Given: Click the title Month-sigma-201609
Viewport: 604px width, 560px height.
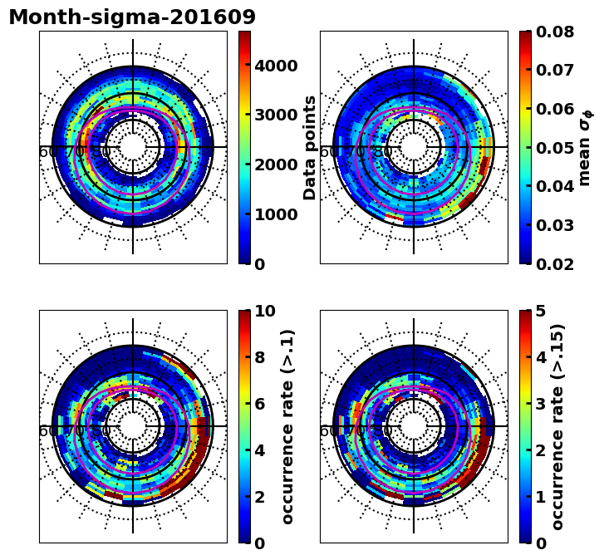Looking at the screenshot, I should click(x=132, y=17).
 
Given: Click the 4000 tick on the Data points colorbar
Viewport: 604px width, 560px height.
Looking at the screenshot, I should click(x=276, y=66).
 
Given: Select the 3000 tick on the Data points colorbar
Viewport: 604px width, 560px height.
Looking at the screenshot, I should click(x=276, y=115).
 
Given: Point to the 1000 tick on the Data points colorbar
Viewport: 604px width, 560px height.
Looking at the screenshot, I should click(x=276, y=214).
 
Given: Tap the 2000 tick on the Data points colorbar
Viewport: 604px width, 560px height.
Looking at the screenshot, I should click(x=276, y=165).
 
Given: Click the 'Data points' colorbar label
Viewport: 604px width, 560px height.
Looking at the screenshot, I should click(x=311, y=147).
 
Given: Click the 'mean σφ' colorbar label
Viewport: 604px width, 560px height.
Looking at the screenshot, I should click(x=585, y=147).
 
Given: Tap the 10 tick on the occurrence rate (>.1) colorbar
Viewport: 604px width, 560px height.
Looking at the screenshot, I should click(x=265, y=311).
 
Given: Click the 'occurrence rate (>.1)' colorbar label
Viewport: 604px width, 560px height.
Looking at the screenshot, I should click(x=288, y=426).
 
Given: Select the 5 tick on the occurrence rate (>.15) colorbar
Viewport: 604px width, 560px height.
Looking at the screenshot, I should click(x=541, y=311).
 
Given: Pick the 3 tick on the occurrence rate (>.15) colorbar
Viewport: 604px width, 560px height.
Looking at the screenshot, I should click(x=541, y=404).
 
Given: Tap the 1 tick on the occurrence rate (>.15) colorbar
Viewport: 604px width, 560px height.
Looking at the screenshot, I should click(x=541, y=497).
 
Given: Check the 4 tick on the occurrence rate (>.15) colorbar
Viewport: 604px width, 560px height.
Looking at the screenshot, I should click(x=541, y=357).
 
